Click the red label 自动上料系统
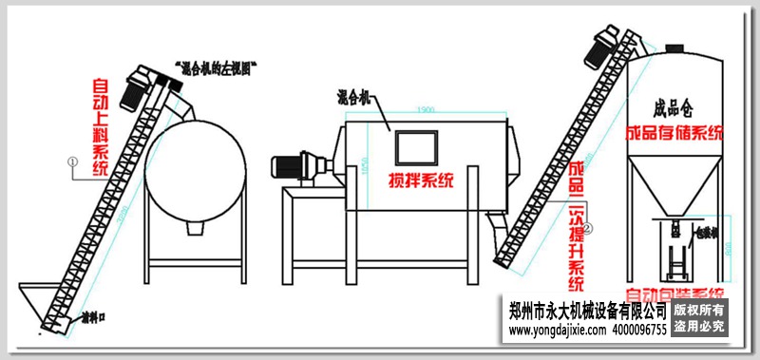pos(101,128)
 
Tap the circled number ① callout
pos(72,162)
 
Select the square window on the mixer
pos(420,147)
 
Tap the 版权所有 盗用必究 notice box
pos(699,318)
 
